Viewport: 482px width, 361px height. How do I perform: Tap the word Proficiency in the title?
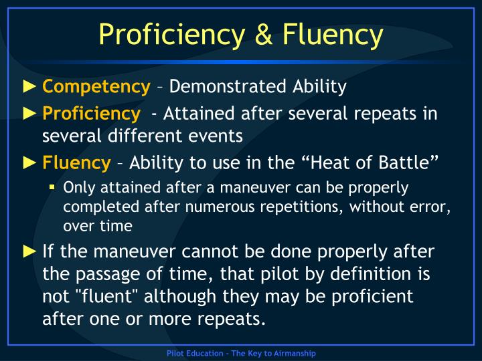[169, 33]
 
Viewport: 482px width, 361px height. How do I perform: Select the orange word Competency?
[96, 86]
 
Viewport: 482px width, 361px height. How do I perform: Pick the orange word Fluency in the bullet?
[76, 162]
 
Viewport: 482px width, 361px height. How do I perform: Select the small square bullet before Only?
[52, 187]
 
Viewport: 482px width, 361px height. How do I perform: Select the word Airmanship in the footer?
[293, 353]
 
